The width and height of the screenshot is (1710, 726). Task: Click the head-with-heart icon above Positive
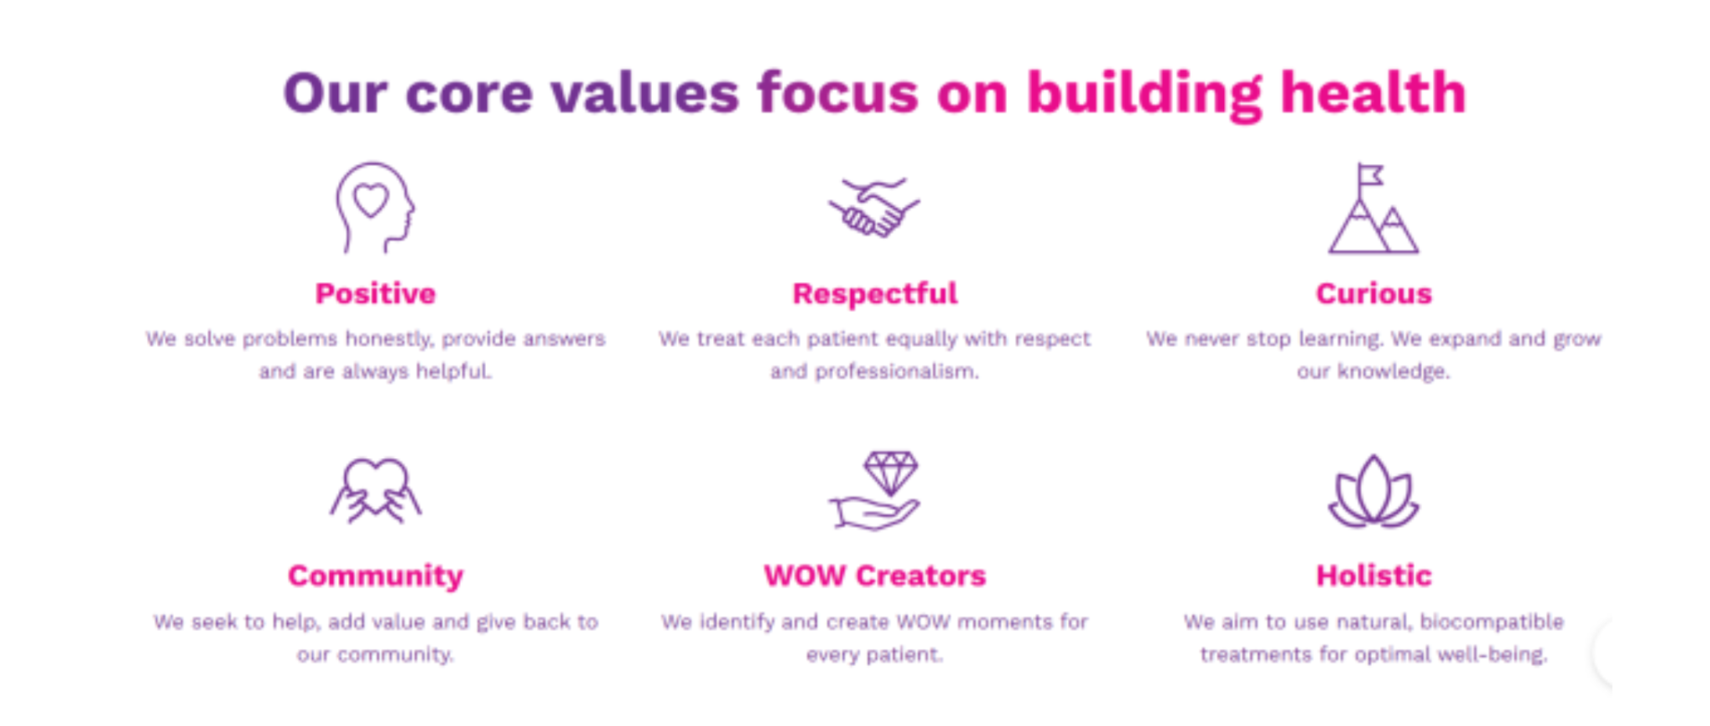[375, 208]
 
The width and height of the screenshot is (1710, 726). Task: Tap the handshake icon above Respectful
[874, 207]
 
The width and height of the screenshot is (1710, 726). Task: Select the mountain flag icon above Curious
[1374, 208]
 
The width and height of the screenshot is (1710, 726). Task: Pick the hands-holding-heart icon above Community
[375, 491]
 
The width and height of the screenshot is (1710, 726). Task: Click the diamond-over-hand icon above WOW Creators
[874, 491]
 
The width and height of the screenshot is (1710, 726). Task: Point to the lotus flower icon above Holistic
[1374, 492]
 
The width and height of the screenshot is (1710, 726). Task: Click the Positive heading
[375, 294]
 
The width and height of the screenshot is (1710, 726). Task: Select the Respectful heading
[874, 295]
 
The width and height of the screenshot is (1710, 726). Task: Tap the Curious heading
[1374, 294]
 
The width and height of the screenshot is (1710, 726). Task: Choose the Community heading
[375, 577]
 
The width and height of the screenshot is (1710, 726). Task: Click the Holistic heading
[1374, 576]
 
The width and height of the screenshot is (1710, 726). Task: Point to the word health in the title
[1374, 93]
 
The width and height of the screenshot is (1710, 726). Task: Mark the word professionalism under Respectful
[896, 372]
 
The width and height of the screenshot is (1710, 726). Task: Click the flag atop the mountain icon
[1369, 175]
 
